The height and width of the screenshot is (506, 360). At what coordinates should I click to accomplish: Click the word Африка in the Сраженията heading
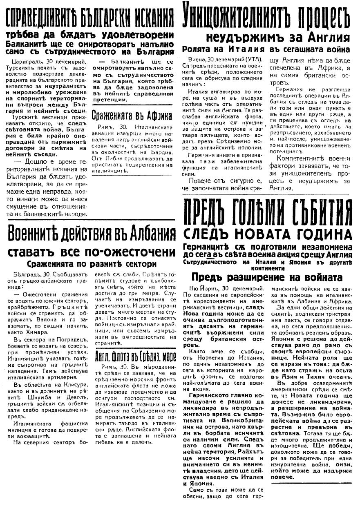157,116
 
